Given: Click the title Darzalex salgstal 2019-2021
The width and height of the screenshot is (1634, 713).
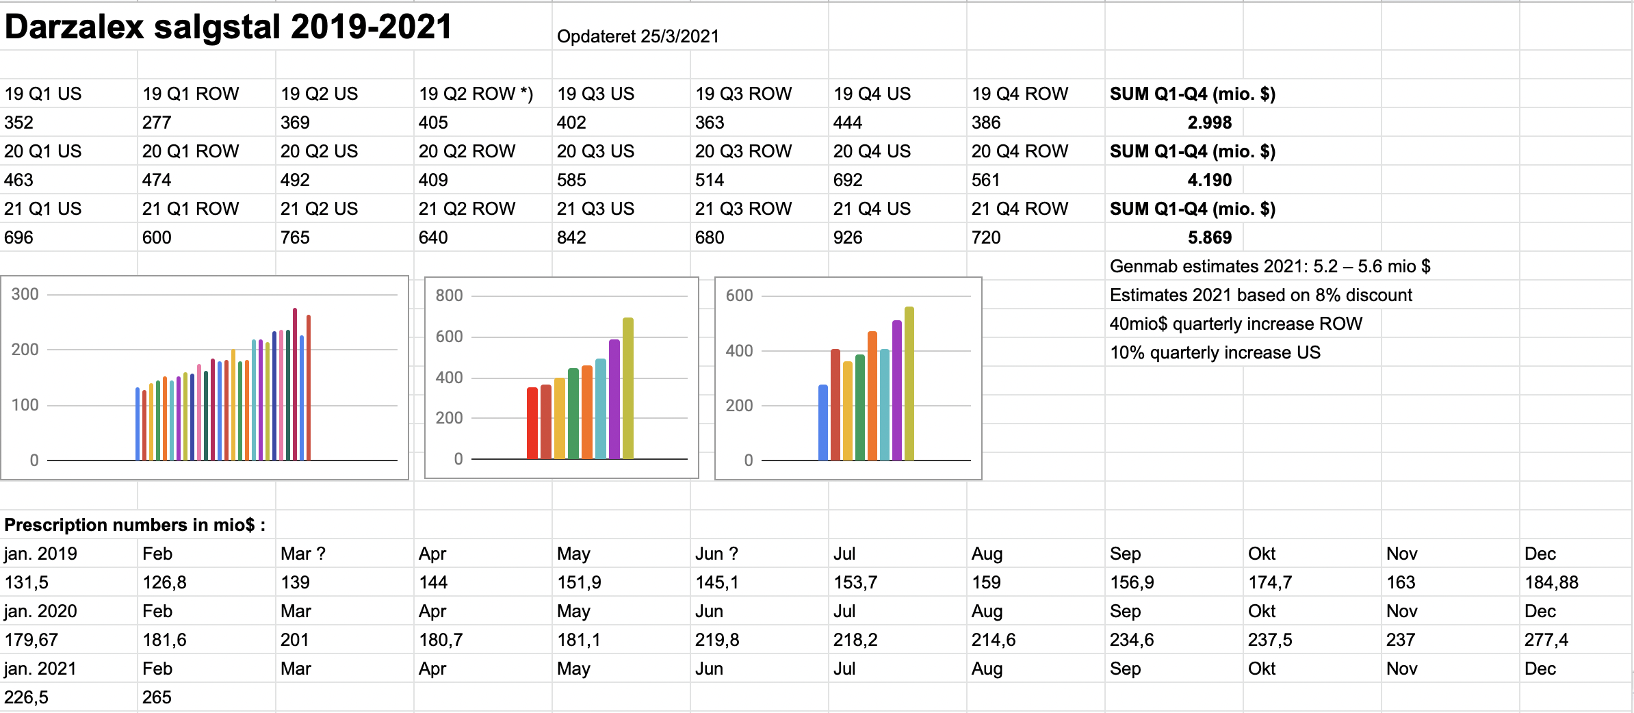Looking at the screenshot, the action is pyautogui.click(x=228, y=27).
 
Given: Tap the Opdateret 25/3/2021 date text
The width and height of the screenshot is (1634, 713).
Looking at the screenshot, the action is pyautogui.click(x=638, y=37).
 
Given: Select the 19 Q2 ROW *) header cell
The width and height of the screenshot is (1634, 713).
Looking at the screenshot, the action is pyautogui.click(x=476, y=94).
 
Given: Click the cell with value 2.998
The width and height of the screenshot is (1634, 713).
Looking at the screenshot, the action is pyautogui.click(x=1209, y=122).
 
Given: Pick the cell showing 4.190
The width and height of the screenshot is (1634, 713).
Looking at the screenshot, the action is pyautogui.click(x=1209, y=180).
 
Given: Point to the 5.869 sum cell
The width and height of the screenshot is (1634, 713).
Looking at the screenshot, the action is pyautogui.click(x=1209, y=237).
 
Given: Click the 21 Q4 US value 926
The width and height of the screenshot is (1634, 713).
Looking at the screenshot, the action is pyautogui.click(x=848, y=237).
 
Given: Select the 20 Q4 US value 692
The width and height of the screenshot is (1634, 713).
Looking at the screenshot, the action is pyautogui.click(x=848, y=180).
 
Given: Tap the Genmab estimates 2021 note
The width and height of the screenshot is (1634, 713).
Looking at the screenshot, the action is pyautogui.click(x=1270, y=266).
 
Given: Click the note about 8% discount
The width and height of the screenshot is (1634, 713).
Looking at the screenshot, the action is pyautogui.click(x=1261, y=295).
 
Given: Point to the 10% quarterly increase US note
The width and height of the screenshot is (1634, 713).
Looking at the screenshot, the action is pyautogui.click(x=1215, y=352).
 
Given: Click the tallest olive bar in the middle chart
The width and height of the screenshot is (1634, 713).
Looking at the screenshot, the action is pyautogui.click(x=628, y=389).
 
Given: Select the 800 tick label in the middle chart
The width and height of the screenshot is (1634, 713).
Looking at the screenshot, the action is pyautogui.click(x=449, y=296).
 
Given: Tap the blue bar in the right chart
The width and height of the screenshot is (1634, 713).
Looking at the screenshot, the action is pyautogui.click(x=823, y=422).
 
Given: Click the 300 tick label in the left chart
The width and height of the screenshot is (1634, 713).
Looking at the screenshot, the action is pyautogui.click(x=25, y=294).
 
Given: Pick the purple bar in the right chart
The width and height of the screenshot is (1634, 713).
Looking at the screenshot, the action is pyautogui.click(x=897, y=390).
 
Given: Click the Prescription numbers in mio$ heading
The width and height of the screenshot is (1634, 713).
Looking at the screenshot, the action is pyautogui.click(x=135, y=525).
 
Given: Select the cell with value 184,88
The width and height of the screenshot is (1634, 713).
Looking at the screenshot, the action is pyautogui.click(x=1551, y=582).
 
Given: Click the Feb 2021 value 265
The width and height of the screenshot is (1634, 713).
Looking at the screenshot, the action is pyautogui.click(x=157, y=697).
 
